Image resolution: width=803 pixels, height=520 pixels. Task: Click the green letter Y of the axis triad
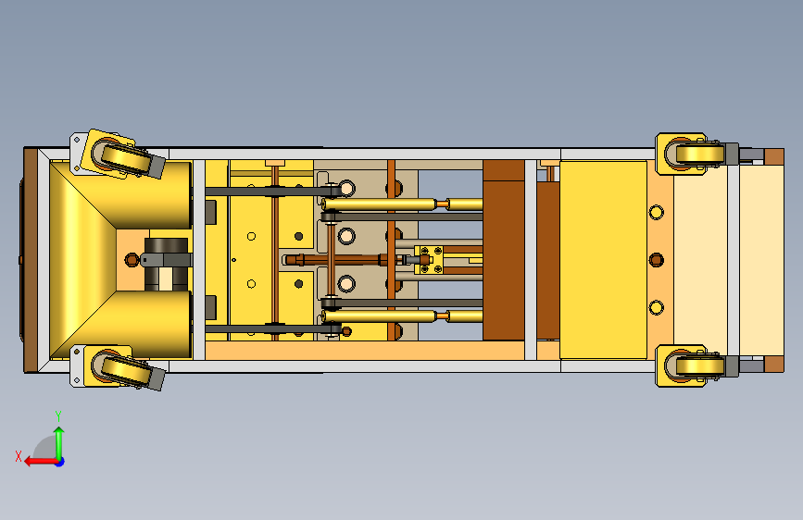(x=58, y=415)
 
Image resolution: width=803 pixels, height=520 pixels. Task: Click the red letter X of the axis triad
(x=19, y=456)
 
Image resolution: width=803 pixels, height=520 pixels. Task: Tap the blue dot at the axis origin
(x=60, y=462)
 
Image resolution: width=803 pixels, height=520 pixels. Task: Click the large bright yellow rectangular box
(x=603, y=260)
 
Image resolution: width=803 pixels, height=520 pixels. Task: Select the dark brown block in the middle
(x=504, y=250)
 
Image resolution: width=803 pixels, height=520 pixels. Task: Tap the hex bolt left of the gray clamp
(x=132, y=259)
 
